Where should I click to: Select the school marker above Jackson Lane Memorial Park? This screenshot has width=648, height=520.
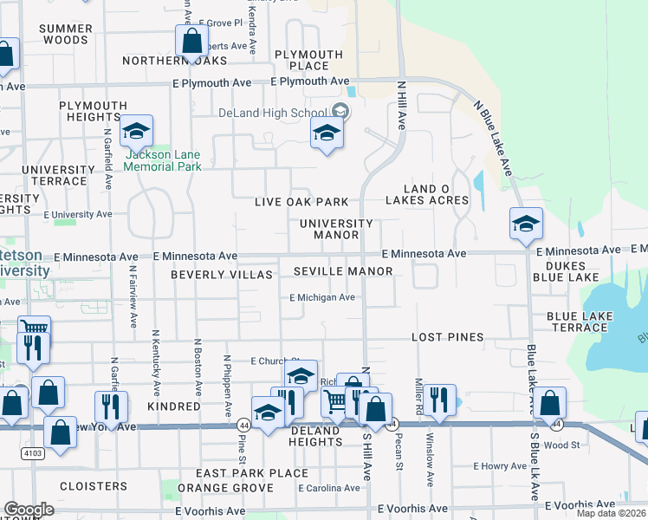(x=136, y=132)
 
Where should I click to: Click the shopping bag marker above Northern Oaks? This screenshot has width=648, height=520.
(x=191, y=41)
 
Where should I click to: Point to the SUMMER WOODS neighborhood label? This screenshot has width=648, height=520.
(x=65, y=35)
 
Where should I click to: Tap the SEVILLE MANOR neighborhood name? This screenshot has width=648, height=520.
(x=343, y=271)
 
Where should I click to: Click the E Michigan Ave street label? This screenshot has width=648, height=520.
(x=322, y=297)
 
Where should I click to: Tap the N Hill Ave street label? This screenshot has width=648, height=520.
(x=401, y=106)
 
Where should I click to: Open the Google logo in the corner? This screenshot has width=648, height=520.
(x=28, y=510)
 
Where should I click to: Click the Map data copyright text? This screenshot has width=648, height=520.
(x=611, y=513)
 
